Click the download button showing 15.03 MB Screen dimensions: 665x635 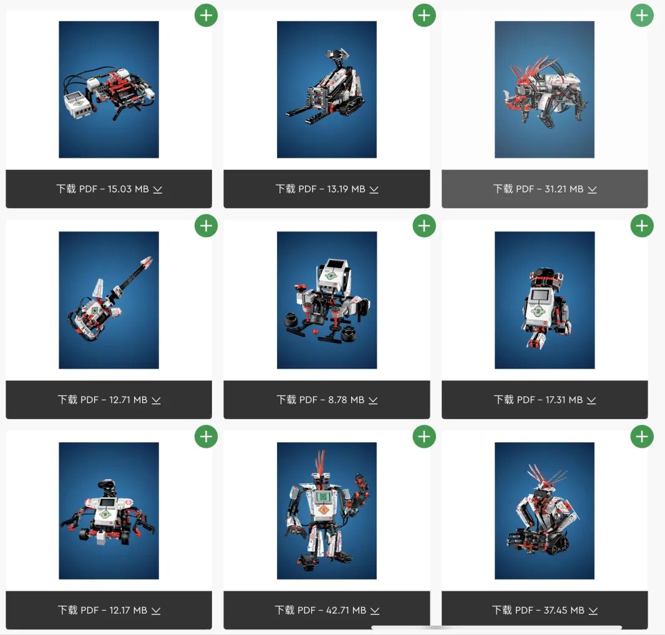(x=109, y=189)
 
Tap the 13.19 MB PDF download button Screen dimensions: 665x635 (x=326, y=189)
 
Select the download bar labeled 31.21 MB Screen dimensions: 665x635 (x=545, y=189)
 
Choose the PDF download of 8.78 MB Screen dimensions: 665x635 (x=326, y=400)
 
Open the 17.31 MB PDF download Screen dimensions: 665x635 (x=545, y=400)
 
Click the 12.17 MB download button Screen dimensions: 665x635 (x=109, y=610)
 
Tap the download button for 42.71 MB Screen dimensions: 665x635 (x=326, y=610)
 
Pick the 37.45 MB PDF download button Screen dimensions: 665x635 (x=545, y=610)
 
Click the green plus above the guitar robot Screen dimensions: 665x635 (x=206, y=226)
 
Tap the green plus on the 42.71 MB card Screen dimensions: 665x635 (x=424, y=437)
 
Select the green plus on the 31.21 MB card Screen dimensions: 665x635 (x=642, y=15)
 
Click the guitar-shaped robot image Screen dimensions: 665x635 (x=109, y=300)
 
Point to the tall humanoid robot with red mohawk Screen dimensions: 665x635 (x=326, y=511)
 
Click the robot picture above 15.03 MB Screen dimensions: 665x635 (x=109, y=89)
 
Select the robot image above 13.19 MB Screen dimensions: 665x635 (x=326, y=89)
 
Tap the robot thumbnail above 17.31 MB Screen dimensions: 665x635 (x=545, y=300)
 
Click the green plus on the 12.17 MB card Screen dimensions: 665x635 (x=206, y=437)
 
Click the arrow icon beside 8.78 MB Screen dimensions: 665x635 (x=373, y=400)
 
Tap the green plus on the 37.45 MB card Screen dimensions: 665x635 (x=642, y=437)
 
